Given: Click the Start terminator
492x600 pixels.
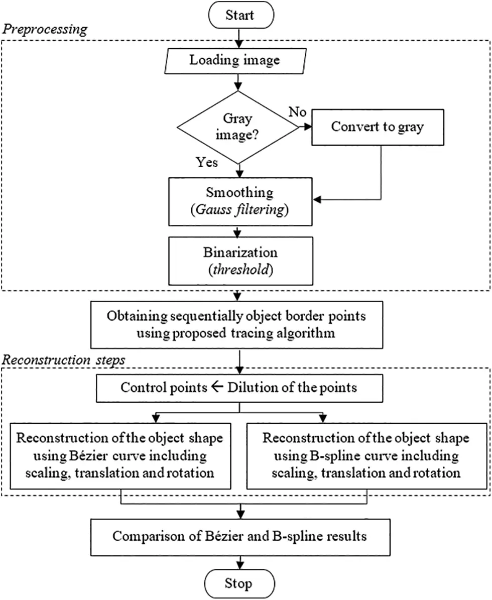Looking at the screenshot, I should click(x=239, y=15).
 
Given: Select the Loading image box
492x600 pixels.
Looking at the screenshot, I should click(x=234, y=61).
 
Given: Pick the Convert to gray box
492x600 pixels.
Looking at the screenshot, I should click(x=377, y=127).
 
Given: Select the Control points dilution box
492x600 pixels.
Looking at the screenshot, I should click(x=239, y=388).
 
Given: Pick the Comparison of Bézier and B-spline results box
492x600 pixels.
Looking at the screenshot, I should click(x=239, y=536).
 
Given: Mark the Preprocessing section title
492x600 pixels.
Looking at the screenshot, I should click(x=45, y=29).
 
